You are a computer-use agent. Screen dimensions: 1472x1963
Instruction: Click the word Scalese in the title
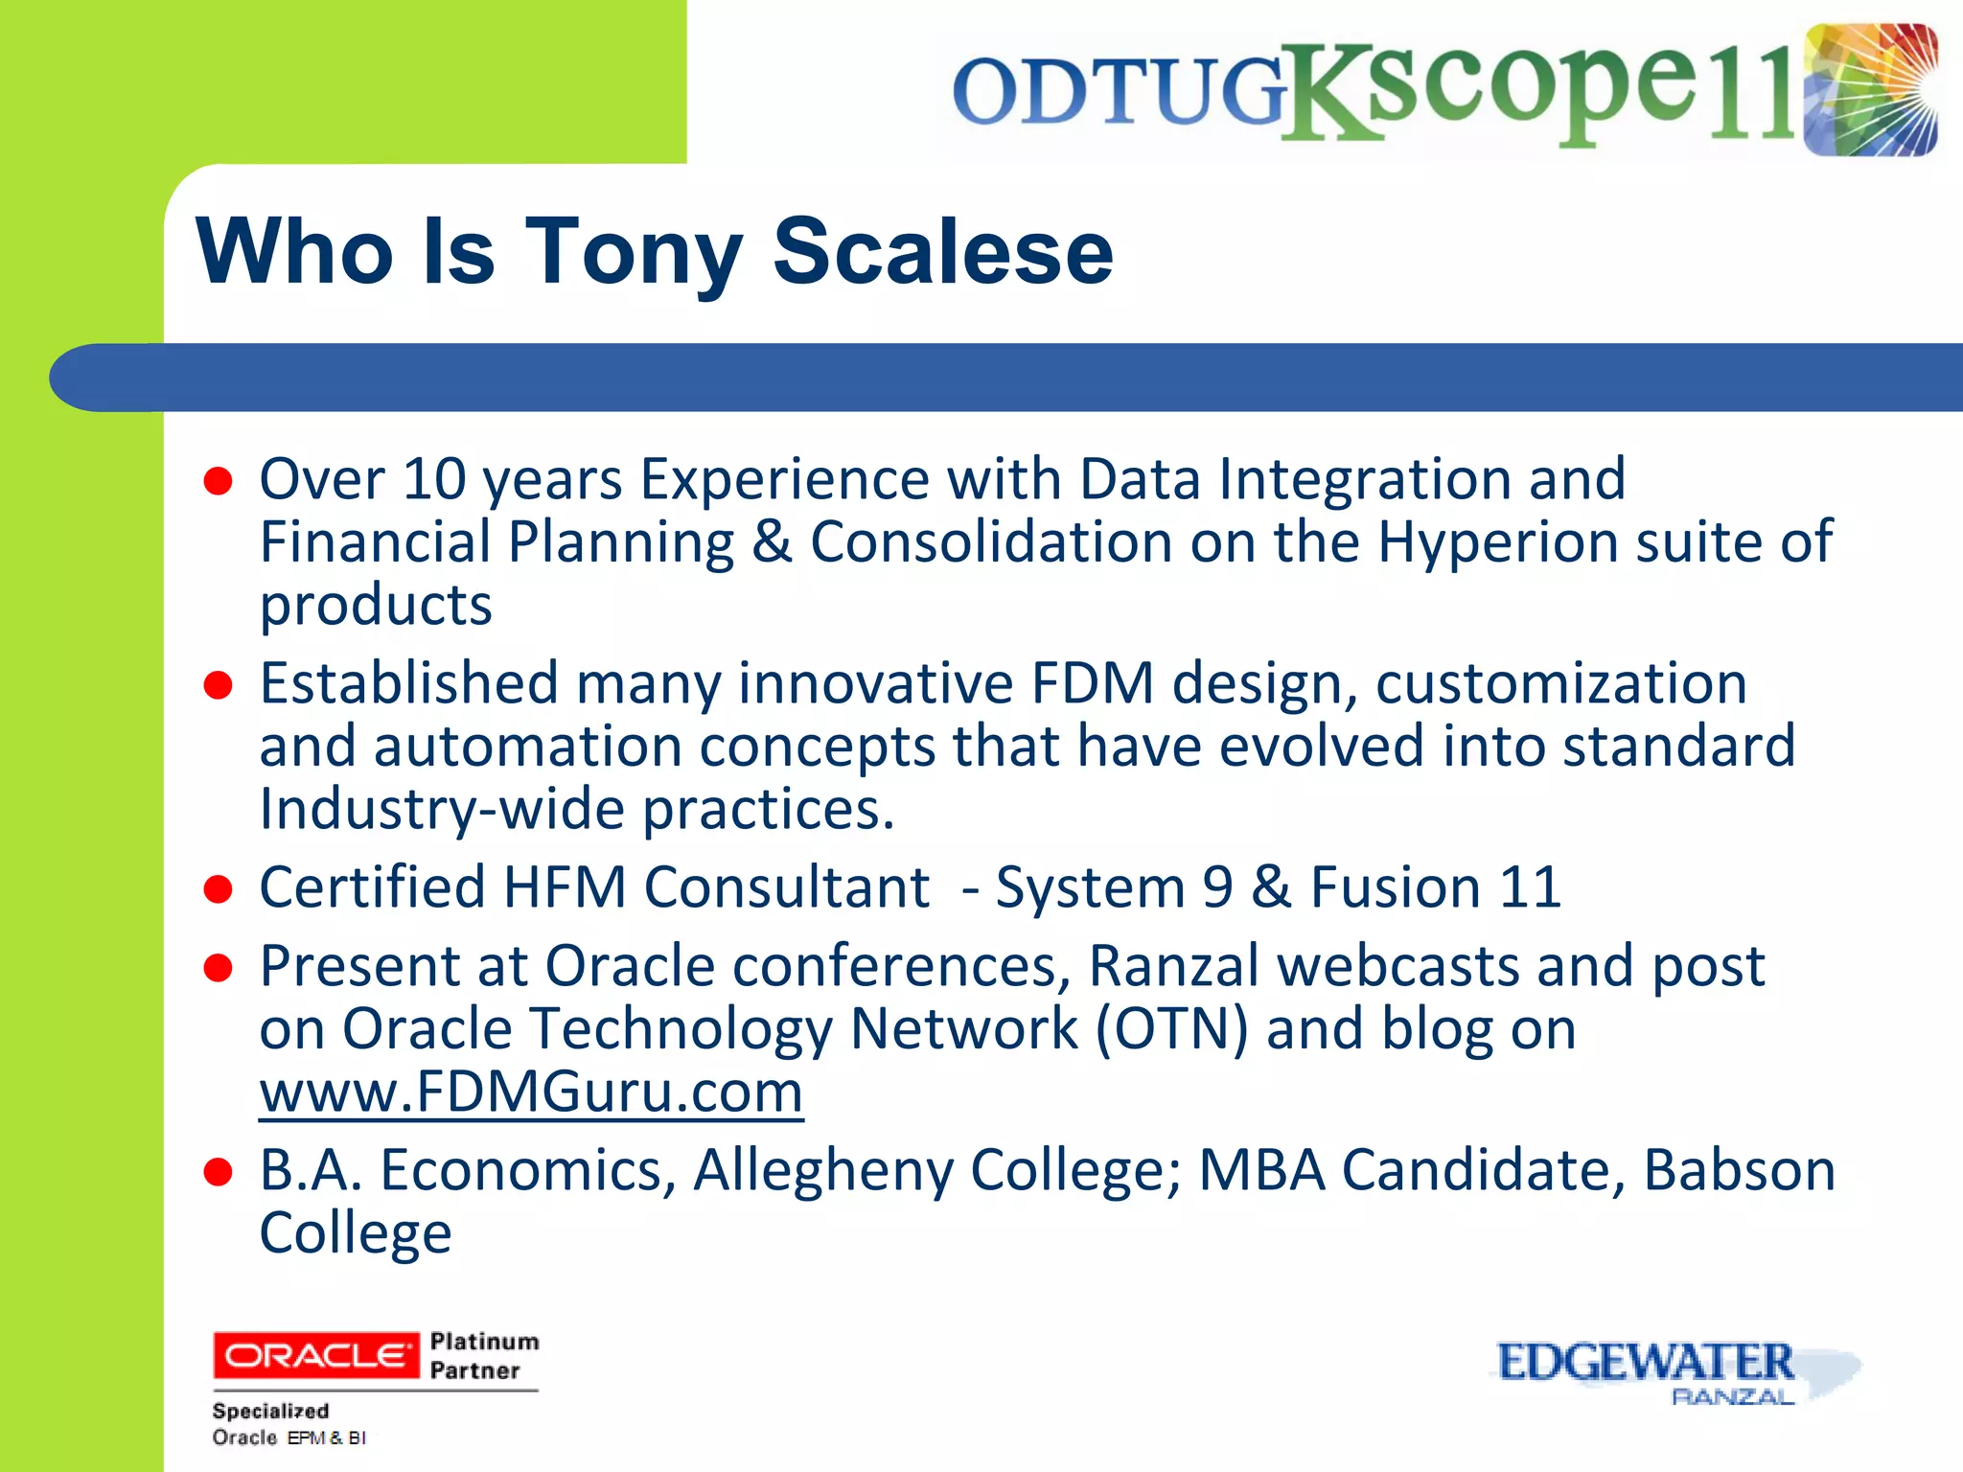(942, 251)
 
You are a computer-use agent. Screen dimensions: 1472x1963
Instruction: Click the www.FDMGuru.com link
(531, 1092)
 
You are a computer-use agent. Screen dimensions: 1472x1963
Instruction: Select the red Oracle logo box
(315, 1355)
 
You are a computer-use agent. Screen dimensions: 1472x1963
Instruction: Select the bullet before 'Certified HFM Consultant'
(219, 888)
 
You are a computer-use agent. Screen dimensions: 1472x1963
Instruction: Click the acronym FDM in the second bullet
(1092, 684)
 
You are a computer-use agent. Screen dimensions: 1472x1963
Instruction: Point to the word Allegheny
(823, 1171)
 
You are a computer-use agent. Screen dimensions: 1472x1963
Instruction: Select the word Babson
(1739, 1170)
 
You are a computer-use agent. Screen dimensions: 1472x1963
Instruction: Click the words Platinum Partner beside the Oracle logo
(484, 1355)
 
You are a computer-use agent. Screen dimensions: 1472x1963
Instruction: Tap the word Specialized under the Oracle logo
(270, 1411)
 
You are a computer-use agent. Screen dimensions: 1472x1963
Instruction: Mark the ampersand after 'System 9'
(1271, 887)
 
